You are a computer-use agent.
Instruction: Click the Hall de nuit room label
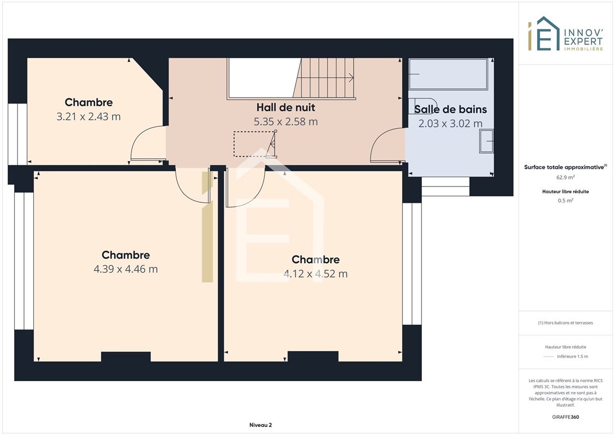click(x=285, y=108)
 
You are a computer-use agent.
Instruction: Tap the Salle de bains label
click(x=450, y=109)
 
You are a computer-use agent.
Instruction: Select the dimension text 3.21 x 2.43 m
click(x=89, y=116)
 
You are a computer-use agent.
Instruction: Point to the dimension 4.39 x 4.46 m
click(x=126, y=269)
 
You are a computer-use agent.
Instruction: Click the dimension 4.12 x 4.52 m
click(x=315, y=274)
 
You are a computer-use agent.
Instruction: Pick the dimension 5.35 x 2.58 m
click(x=285, y=122)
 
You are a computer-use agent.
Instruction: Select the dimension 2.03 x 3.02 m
click(x=450, y=123)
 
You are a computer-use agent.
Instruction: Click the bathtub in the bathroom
click(x=448, y=74)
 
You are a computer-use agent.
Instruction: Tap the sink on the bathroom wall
click(x=486, y=141)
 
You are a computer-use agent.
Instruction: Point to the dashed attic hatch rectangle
click(x=254, y=144)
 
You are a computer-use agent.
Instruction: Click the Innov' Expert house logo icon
click(x=544, y=33)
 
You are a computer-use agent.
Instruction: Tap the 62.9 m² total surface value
click(x=566, y=177)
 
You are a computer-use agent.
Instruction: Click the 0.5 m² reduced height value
click(x=566, y=201)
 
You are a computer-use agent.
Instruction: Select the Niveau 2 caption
click(x=260, y=425)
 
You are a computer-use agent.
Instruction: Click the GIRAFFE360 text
click(x=566, y=417)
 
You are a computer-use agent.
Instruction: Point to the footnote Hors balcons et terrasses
click(x=566, y=323)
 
